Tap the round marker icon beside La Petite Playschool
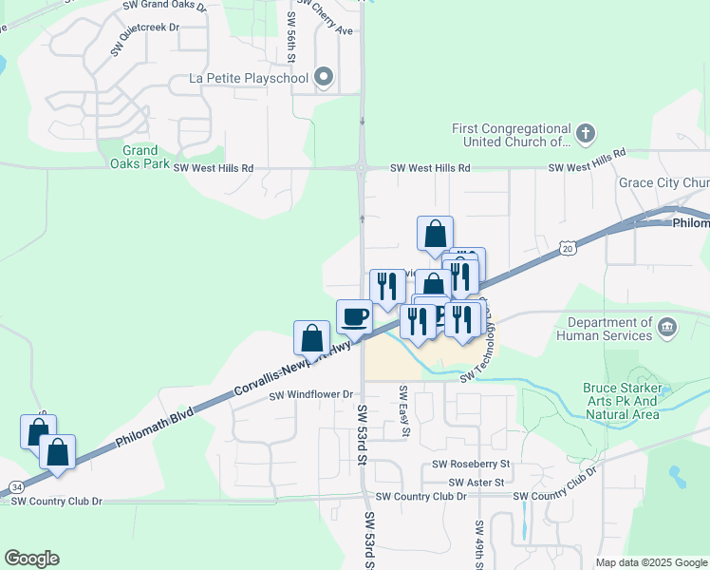[324, 77]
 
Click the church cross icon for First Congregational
[587, 133]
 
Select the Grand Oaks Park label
[140, 157]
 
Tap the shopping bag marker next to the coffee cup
[312, 338]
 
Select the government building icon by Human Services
[667, 329]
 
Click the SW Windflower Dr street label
[311, 394]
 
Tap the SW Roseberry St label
[471, 465]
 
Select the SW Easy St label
[404, 411]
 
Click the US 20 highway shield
[565, 248]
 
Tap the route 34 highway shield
[17, 486]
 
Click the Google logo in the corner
[31, 559]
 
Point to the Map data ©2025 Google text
[650, 562]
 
